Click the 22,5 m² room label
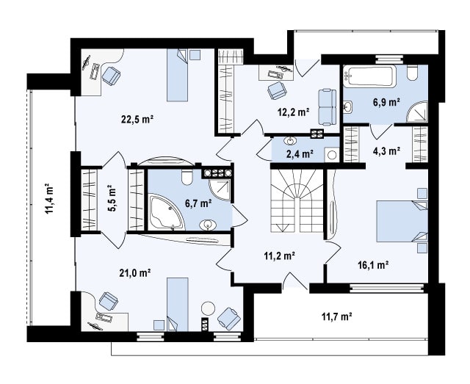(137, 120)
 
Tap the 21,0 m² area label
(134, 273)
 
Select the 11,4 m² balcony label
(50, 198)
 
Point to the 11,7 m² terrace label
(336, 316)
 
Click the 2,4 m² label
(300, 154)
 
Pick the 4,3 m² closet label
(386, 151)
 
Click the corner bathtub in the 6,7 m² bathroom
(166, 212)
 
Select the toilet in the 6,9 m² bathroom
(413, 73)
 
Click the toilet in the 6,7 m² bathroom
(187, 177)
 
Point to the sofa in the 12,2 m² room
(327, 106)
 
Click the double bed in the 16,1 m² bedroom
(402, 221)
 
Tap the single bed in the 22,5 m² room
(177, 75)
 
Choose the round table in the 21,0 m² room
(208, 308)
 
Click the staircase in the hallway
(297, 200)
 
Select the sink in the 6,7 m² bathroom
(208, 225)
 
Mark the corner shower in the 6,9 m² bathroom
(416, 112)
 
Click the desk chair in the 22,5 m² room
(111, 76)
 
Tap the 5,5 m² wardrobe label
(112, 198)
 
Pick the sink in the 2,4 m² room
(290, 140)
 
